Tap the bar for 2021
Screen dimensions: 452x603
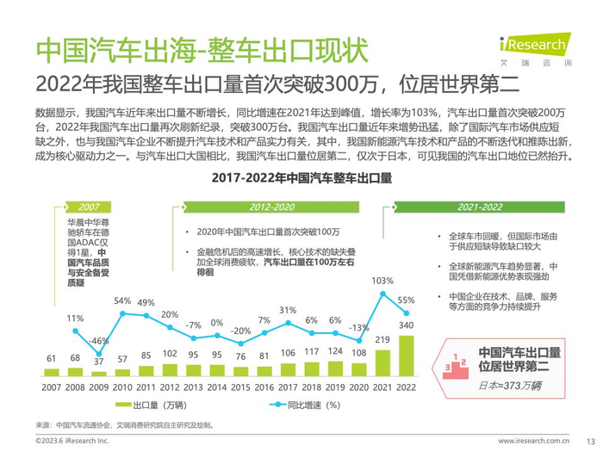coord(383,362)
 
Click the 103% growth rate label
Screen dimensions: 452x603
coord(382,282)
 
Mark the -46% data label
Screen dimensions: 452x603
coord(99,341)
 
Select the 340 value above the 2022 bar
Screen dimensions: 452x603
coord(407,325)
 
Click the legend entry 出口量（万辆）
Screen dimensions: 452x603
coord(157,405)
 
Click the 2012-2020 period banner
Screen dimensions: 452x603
coord(272,207)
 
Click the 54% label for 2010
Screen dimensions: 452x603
coord(122,301)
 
